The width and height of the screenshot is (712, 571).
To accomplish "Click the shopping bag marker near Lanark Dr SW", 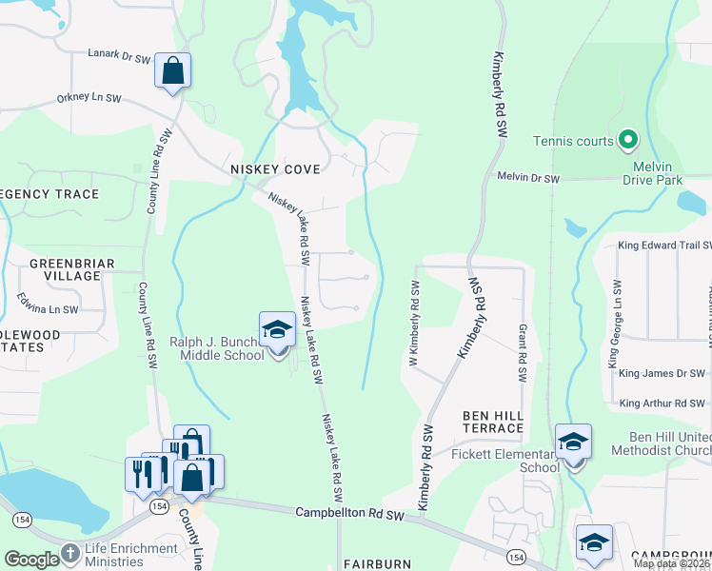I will [x=172, y=71].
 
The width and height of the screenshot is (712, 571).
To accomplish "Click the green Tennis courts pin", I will [x=627, y=141].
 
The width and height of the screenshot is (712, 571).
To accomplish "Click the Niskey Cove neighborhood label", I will [x=275, y=168].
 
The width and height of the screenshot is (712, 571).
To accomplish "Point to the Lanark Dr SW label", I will [x=120, y=57].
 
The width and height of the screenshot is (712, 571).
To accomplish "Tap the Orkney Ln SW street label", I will [x=89, y=97].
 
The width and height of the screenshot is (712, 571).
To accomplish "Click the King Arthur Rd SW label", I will [x=662, y=404].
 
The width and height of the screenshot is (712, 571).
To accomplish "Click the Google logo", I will [x=30, y=560].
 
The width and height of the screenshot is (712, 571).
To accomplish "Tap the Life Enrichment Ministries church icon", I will [x=69, y=554].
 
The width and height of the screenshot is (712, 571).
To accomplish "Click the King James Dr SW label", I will [x=662, y=374].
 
